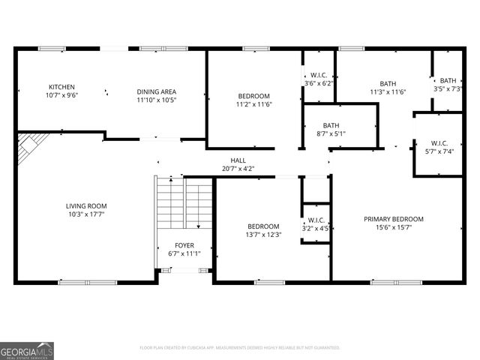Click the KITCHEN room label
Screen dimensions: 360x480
tap(61, 87)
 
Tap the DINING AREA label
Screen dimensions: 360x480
tap(157, 91)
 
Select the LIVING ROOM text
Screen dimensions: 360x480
tap(86, 205)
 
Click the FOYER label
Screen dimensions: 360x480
tap(184, 245)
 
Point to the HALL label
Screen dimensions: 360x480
tap(238, 160)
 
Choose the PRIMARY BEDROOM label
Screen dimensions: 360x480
tap(394, 219)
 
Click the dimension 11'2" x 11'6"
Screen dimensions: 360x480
tap(254, 104)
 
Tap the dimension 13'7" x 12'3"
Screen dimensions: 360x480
tap(263, 235)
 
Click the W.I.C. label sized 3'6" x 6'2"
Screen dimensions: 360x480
tap(319, 75)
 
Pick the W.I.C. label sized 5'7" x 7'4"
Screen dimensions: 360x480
tap(439, 142)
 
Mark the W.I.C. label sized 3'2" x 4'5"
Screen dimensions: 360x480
tap(316, 220)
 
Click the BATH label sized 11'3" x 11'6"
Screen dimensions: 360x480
tap(388, 83)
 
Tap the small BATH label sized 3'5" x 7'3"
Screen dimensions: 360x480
tap(448, 80)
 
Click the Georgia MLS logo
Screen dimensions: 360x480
tap(27, 350)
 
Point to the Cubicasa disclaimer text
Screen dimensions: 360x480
tap(240, 347)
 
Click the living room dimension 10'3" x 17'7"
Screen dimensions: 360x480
tap(86, 214)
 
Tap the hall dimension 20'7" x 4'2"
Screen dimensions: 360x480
tap(238, 169)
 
